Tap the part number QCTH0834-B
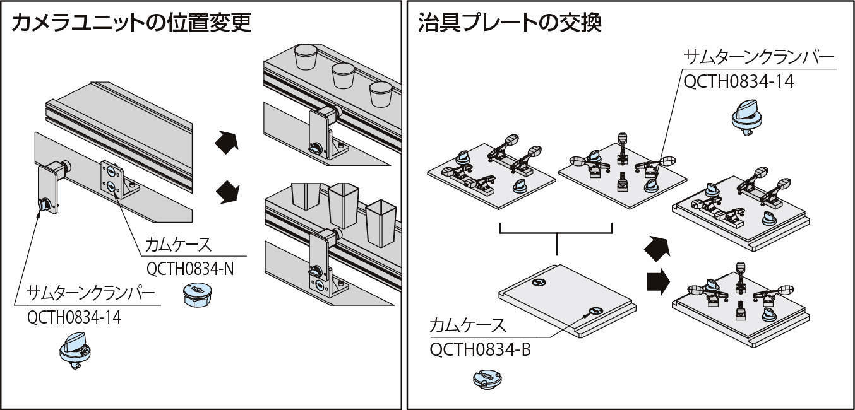pyautogui.click(x=480, y=349)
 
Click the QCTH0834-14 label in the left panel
pyautogui.click(x=74, y=317)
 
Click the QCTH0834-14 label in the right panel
pyautogui.click(x=738, y=81)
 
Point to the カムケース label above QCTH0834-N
pyautogui.click(x=178, y=244)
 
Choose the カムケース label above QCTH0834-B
pyautogui.click(x=467, y=326)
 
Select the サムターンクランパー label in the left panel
pyautogui.click(x=92, y=293)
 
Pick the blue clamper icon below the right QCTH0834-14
pyautogui.click(x=746, y=119)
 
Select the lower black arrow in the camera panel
pyautogui.click(x=227, y=190)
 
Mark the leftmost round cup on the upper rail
pyautogui.click(x=304, y=58)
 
